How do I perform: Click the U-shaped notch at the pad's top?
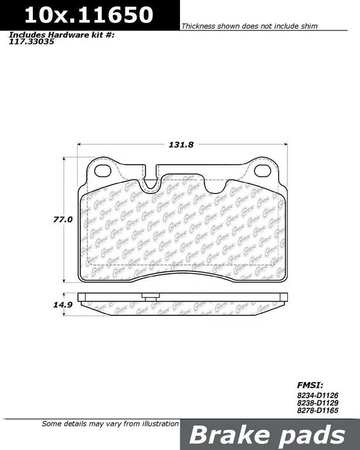click(x=152, y=182)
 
